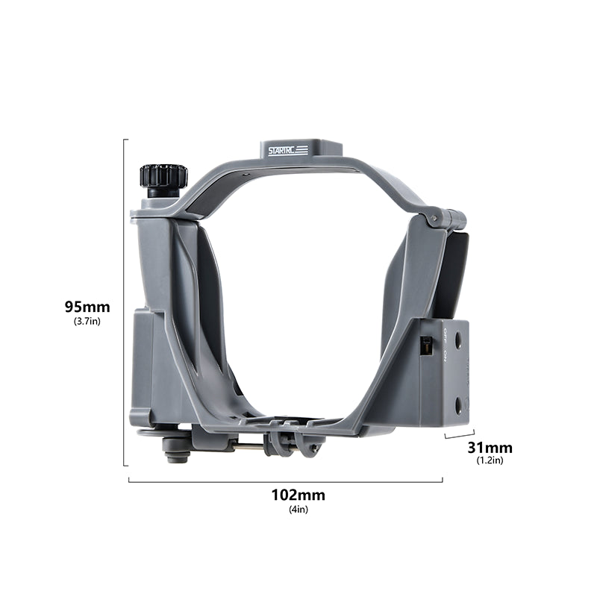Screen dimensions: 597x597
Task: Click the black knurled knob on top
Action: (163, 176)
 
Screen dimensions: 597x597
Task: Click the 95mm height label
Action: (87, 307)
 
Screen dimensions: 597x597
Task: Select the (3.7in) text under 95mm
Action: (87, 321)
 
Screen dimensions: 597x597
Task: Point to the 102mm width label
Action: (298, 495)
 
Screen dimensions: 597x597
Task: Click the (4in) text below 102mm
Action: (298, 510)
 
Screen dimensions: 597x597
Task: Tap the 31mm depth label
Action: (490, 448)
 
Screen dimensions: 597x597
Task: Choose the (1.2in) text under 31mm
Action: (490, 460)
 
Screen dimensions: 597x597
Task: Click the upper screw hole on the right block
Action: (458, 339)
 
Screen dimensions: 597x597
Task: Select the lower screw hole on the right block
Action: (458, 404)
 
